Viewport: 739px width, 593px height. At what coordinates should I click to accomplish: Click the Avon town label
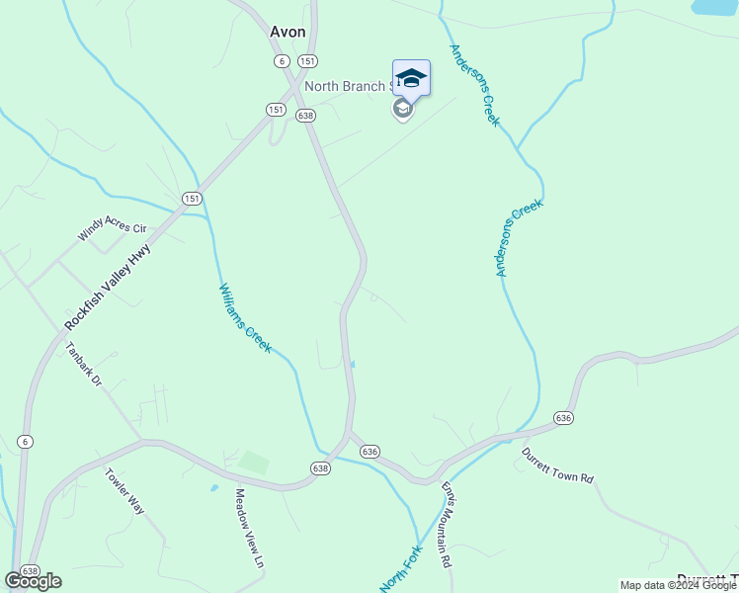point(287,32)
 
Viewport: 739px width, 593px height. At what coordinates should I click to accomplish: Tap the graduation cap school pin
point(411,79)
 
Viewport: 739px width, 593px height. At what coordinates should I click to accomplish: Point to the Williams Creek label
point(244,318)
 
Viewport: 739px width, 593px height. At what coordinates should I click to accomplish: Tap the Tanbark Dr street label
point(84,364)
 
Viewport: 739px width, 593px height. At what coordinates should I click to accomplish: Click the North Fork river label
point(401,569)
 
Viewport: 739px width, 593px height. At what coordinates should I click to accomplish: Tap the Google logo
point(33,581)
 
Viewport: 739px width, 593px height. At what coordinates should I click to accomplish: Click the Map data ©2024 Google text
point(678,585)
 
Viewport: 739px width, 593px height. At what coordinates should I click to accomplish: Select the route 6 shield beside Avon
point(281,60)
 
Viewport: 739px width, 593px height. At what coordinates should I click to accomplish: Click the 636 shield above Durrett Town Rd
point(563,418)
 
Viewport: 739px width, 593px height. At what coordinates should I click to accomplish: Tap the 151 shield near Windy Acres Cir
point(192,199)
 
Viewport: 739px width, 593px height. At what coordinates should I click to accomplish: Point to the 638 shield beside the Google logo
point(30,571)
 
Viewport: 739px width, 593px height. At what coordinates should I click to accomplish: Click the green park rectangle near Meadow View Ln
point(254,462)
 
